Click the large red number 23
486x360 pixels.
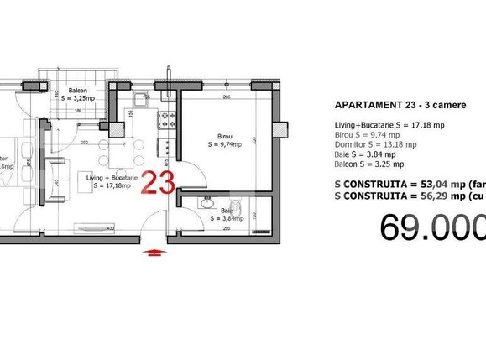pos(157,182)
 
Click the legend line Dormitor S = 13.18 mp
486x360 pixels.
pos(375,144)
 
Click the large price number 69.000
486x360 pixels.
pos(432,227)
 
